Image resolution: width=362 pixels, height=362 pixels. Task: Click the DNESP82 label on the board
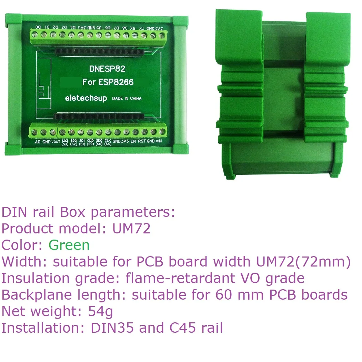point(108,69)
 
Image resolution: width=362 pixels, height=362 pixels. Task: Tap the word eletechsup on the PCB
point(86,98)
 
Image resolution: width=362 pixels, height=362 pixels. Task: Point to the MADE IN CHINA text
point(127,99)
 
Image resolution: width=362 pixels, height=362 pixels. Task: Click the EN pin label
point(133,141)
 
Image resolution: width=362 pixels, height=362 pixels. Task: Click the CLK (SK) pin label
point(108,142)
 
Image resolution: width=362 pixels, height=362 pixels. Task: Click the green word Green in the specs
point(69,245)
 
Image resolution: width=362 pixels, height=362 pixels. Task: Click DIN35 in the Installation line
point(111,328)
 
